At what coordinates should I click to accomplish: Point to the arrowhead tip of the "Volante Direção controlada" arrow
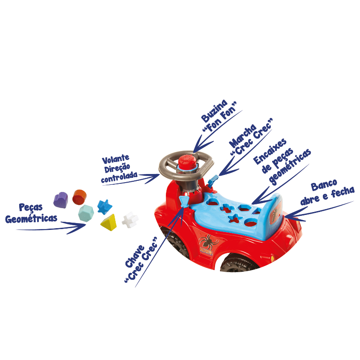pyautogui.click(x=160, y=174)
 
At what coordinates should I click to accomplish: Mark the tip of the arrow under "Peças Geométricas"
pyautogui.click(x=86, y=224)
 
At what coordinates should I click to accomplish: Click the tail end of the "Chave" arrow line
pyautogui.click(x=136, y=287)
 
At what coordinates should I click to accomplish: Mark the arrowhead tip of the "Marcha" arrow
pyautogui.click(x=219, y=176)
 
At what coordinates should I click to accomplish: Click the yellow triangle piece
pyautogui.click(x=109, y=222)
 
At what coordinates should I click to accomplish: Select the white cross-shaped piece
pyautogui.click(x=130, y=220)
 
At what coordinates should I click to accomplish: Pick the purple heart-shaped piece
pyautogui.click(x=61, y=200)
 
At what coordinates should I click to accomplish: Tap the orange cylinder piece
pyautogui.click(x=79, y=197)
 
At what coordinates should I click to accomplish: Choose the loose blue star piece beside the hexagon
pyautogui.click(x=105, y=206)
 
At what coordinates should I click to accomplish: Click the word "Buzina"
pyautogui.click(x=214, y=111)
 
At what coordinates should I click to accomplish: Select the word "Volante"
pyautogui.click(x=116, y=159)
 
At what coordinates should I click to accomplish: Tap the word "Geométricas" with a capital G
pyautogui.click(x=31, y=218)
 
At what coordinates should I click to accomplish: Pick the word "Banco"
pyautogui.click(x=324, y=185)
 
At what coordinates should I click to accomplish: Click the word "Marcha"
pyautogui.click(x=242, y=136)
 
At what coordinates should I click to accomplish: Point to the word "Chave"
pyautogui.click(x=135, y=256)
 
